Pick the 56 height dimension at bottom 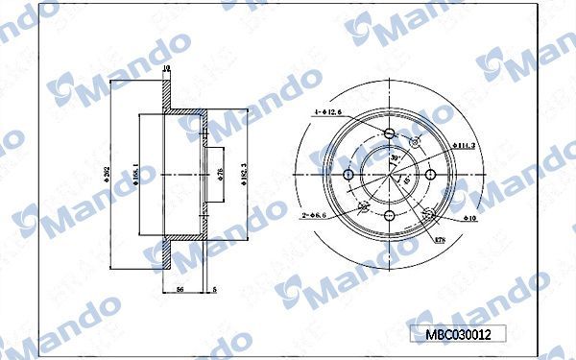(180, 288)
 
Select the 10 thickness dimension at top (166, 69)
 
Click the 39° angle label (394, 158)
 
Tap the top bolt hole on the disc (390, 134)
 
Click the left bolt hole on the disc (350, 174)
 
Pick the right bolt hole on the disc (430, 174)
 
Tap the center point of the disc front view (390, 174)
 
